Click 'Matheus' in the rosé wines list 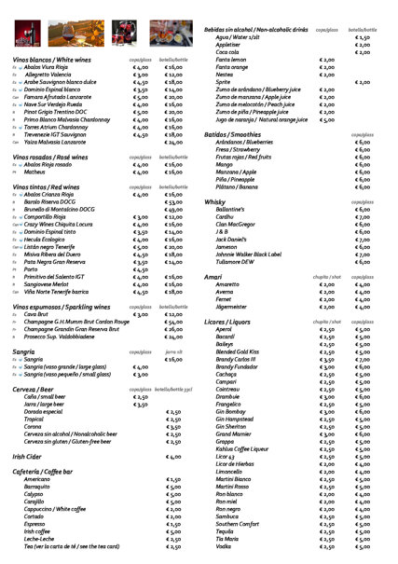click(34, 172)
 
